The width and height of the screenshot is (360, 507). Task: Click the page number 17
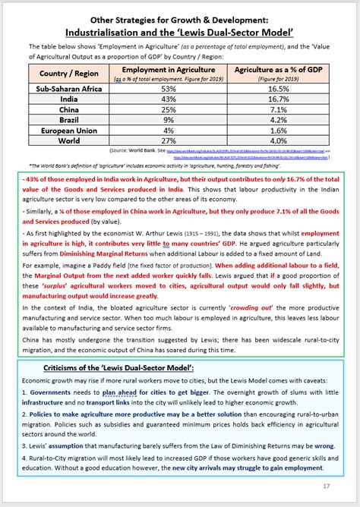point(325,486)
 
